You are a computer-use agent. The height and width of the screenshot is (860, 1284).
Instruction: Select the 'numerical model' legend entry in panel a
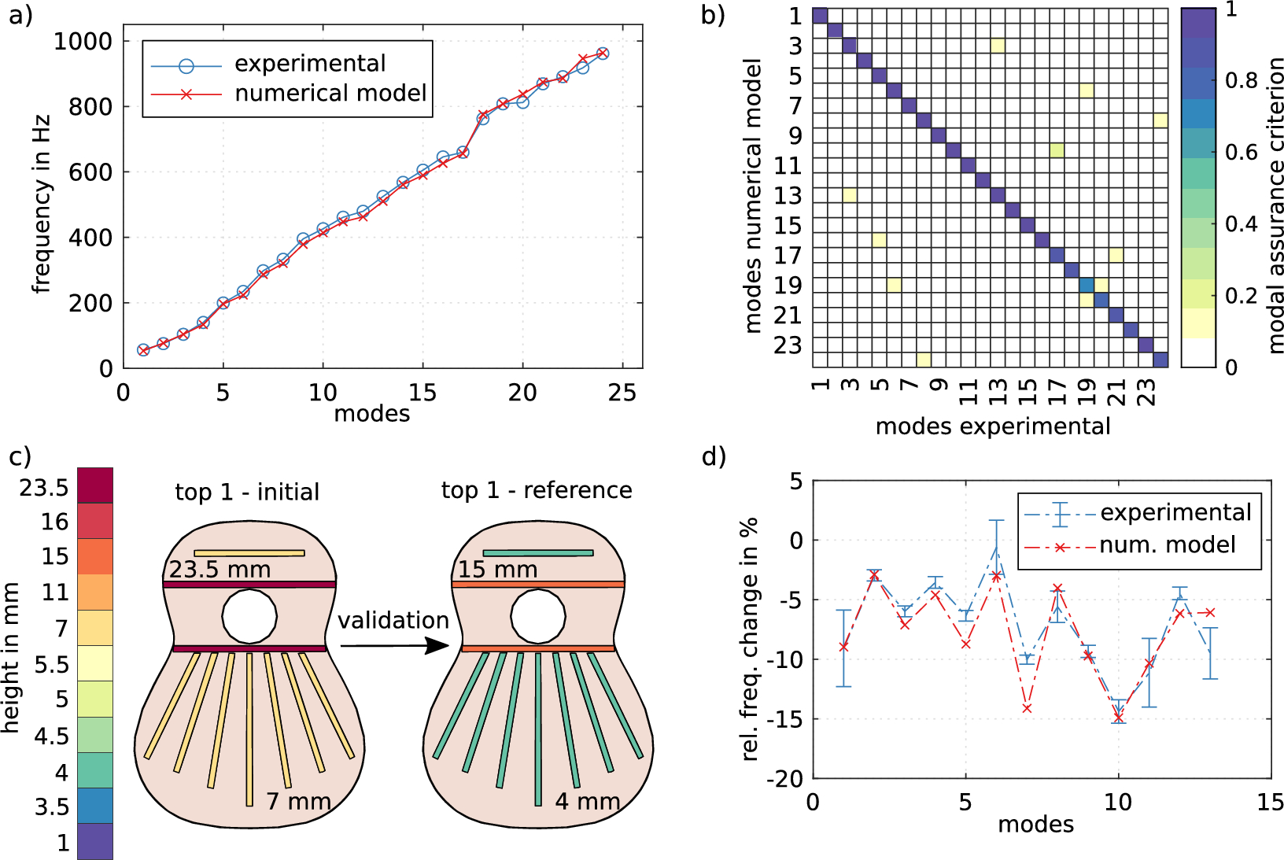(x=330, y=94)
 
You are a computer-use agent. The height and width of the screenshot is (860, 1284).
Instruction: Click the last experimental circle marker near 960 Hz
(x=603, y=54)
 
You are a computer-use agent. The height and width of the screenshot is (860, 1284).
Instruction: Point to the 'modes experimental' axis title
(x=993, y=426)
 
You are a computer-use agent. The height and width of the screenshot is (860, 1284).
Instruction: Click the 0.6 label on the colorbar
(x=1242, y=152)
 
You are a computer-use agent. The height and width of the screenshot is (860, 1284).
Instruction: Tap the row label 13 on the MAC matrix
(x=787, y=196)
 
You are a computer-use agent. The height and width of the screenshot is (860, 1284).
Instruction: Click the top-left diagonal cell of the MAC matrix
(x=820, y=16)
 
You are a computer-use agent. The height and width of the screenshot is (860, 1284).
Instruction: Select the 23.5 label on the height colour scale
(x=44, y=488)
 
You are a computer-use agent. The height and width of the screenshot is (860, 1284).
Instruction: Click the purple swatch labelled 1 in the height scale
(x=95, y=841)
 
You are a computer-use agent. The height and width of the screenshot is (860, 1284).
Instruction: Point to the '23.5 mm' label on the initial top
(x=220, y=570)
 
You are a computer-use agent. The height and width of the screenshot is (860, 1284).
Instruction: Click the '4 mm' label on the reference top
(x=588, y=802)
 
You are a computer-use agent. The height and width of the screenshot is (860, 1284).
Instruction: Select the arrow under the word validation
(x=393, y=646)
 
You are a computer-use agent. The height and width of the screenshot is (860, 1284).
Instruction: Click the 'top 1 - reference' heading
(x=537, y=490)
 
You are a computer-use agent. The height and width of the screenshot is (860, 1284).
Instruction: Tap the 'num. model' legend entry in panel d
(x=1167, y=545)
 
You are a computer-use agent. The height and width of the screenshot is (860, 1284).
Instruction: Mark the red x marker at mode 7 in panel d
(x=1027, y=708)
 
